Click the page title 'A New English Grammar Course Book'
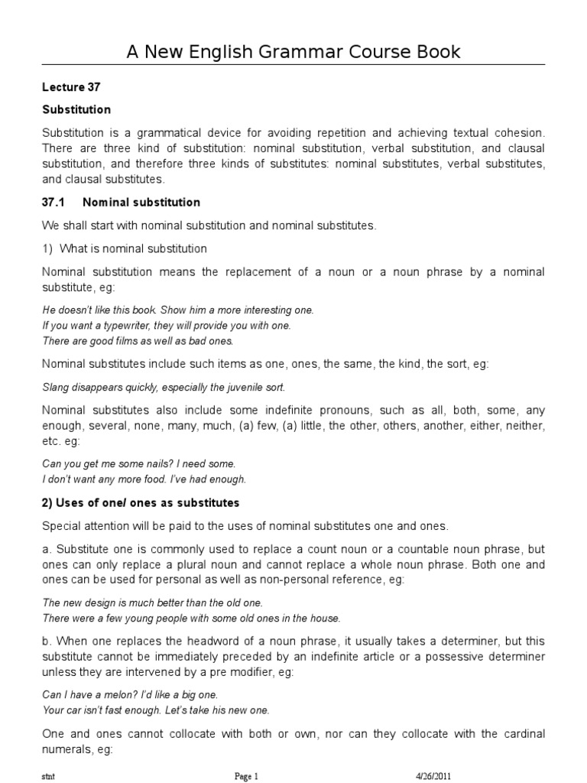pyautogui.click(x=293, y=52)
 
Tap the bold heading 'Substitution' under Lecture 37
pyautogui.click(x=76, y=109)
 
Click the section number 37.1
pyautogui.click(x=54, y=203)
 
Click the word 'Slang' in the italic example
pyautogui.click(x=54, y=387)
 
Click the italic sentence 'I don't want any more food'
pyautogui.click(x=144, y=479)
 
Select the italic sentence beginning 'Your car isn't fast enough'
pyautogui.click(x=156, y=710)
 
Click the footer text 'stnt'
pyautogui.click(x=48, y=775)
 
